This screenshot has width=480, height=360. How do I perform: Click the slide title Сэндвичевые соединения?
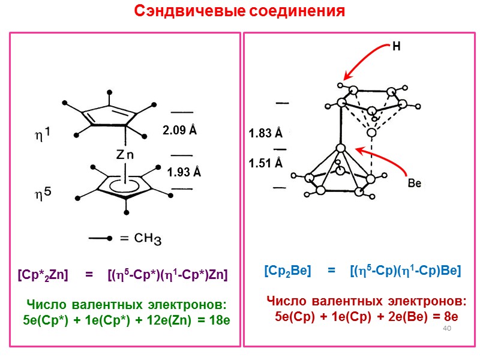[239, 11]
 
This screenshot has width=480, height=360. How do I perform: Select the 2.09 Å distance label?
[180, 130]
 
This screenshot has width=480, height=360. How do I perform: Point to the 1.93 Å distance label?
[184, 173]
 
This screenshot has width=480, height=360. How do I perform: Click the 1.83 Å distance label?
[266, 134]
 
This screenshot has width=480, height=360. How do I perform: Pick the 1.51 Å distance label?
[266, 163]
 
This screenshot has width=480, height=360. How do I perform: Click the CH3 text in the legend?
[146, 239]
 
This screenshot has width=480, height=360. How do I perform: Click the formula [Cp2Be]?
[287, 271]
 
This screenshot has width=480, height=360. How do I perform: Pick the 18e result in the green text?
[218, 320]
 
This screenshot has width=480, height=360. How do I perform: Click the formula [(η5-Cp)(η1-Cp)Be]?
[405, 271]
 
